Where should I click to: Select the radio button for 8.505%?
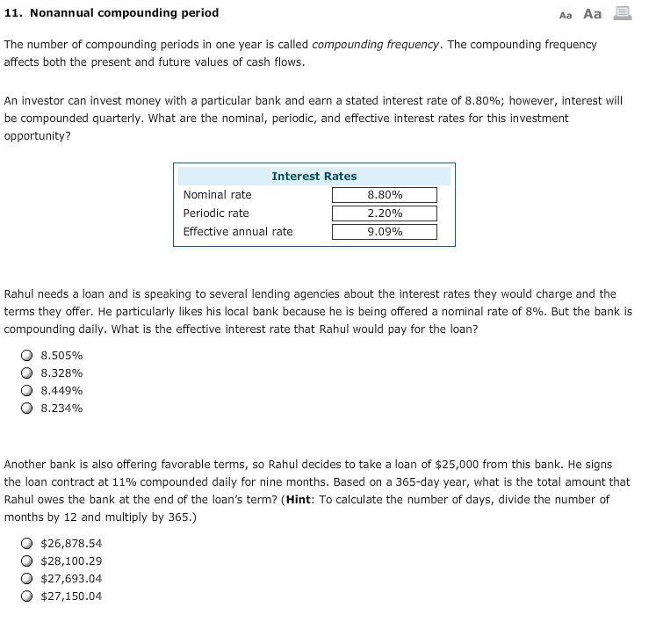(27, 356)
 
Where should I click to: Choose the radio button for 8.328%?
(27, 373)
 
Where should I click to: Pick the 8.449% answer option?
(27, 391)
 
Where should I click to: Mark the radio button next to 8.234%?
(27, 408)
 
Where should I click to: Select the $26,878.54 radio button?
(27, 544)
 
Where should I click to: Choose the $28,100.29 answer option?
(27, 561)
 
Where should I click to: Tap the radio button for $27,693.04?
(27, 579)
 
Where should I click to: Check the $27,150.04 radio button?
(27, 596)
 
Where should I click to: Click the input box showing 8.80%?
(384, 195)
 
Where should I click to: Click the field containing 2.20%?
(384, 213)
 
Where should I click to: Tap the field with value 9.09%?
(384, 232)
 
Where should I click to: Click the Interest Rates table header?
(314, 176)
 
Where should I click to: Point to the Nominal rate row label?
(217, 194)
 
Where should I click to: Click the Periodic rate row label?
(216, 213)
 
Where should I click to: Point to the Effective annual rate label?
(238, 231)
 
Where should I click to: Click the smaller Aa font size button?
(565, 14)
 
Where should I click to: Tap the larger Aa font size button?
(593, 13)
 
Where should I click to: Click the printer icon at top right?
(622, 13)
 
